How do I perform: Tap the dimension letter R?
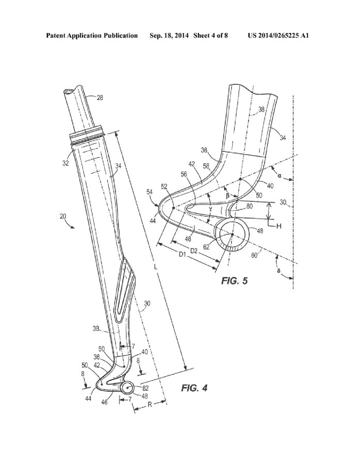click(x=149, y=406)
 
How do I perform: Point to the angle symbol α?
click(x=279, y=175)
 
